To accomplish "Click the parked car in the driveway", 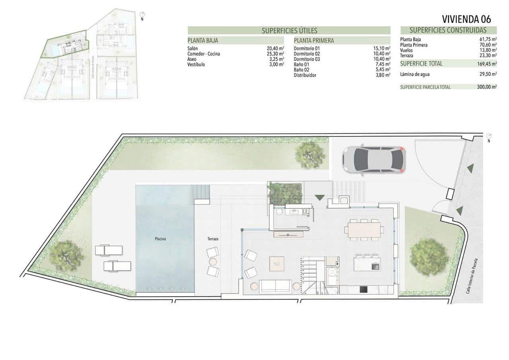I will [374, 160].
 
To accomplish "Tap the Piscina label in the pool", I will [161, 239].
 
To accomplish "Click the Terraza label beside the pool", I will [213, 239].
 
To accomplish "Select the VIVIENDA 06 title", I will [466, 19].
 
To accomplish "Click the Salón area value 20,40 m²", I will [275, 49].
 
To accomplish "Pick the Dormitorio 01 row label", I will [307, 49].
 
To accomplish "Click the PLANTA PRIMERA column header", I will [314, 40].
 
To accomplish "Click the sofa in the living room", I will [274, 286].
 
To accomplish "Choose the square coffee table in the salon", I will [277, 264].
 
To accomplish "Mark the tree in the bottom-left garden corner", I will [66, 255].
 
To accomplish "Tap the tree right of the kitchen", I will [429, 257].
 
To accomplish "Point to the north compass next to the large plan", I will [489, 136].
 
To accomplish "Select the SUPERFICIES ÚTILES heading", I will [289, 31].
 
